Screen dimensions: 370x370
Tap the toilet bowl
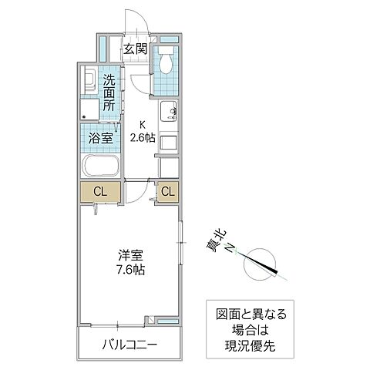point(164,61)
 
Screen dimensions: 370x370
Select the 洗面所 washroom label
point(109,91)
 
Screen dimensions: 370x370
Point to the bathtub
point(99,167)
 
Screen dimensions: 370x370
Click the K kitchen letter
point(142,126)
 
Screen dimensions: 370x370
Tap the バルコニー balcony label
point(129,343)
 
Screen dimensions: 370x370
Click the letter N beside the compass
point(230,247)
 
